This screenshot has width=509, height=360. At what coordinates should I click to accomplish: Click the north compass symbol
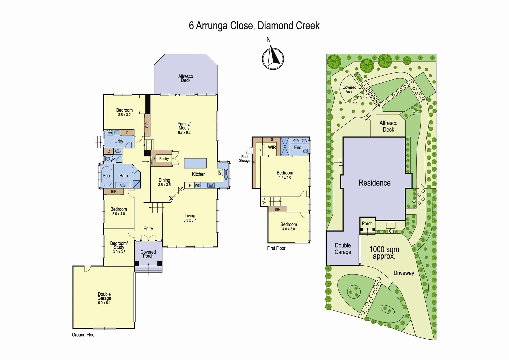point(273,58)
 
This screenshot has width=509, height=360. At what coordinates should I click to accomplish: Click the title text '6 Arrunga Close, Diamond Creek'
point(254,26)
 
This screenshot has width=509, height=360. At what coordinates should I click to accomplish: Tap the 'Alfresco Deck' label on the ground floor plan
point(186,78)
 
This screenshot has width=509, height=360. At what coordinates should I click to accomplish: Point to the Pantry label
point(164,159)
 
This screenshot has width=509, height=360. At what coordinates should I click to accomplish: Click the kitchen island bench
point(195,163)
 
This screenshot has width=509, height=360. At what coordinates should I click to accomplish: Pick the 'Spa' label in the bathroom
point(106,176)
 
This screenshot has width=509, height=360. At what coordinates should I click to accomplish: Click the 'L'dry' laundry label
point(119,141)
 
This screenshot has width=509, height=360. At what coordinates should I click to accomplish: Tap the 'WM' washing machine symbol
point(110,133)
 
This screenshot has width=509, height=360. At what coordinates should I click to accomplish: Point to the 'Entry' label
point(148,229)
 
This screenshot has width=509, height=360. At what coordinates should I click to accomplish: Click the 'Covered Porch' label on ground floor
point(148,254)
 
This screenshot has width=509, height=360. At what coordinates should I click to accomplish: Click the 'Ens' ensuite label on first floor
point(298,147)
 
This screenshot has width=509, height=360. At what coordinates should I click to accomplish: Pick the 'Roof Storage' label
point(245,159)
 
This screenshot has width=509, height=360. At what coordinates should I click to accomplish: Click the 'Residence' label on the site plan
point(374,183)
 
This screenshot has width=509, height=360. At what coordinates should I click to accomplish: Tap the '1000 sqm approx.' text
point(384,253)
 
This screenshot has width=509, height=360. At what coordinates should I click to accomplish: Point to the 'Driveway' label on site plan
point(404,273)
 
